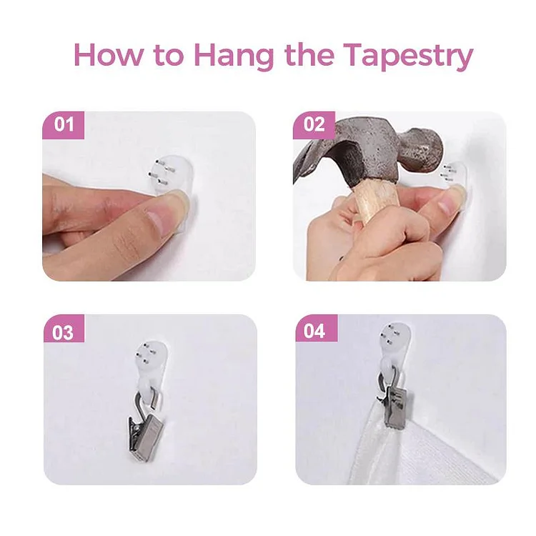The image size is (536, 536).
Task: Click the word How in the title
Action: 107,55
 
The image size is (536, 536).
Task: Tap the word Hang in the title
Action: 234,56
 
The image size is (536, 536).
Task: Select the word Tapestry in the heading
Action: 408,56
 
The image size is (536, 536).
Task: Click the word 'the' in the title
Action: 309,55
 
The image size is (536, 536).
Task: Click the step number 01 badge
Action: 63,125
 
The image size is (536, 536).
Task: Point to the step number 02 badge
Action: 314,125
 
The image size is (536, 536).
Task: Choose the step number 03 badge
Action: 64,329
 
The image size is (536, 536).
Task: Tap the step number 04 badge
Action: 316,328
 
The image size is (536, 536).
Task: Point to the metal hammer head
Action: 369,150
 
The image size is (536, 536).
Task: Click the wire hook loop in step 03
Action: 144,403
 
